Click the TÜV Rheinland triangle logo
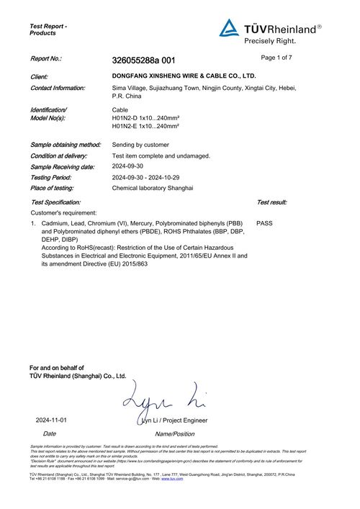point(229,28)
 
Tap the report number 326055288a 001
point(143,60)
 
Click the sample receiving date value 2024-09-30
point(128,166)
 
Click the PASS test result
point(264,223)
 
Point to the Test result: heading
point(271,202)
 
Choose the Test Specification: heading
point(55,202)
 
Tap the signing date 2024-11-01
point(51,420)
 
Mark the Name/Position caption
point(174,433)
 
